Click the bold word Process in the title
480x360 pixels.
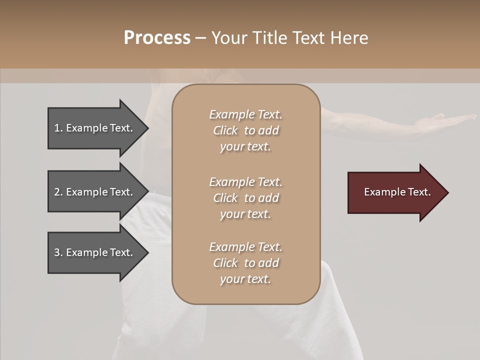pos(157,38)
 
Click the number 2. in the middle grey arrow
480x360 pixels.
pos(58,192)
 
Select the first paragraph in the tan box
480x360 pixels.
pos(245,130)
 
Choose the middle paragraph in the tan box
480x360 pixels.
pos(245,197)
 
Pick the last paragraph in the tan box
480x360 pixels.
pos(245,263)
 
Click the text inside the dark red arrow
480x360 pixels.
pos(397,192)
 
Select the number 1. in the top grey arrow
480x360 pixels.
pos(58,128)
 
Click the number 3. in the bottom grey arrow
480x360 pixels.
pos(58,252)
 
